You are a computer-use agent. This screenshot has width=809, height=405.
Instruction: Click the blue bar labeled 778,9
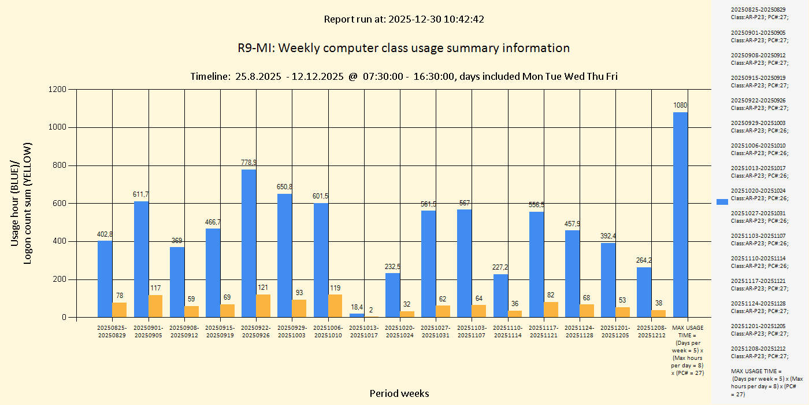tap(248, 243)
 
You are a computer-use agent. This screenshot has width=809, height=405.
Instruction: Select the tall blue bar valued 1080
tap(680, 215)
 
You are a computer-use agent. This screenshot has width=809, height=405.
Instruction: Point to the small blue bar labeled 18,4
tap(357, 315)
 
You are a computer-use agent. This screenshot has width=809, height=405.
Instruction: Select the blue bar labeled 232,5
tap(392, 295)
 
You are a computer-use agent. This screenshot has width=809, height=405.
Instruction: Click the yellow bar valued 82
tap(551, 310)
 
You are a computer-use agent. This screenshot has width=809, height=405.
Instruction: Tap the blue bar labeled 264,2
tap(644, 292)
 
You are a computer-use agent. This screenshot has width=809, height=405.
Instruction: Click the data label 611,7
tap(141, 194)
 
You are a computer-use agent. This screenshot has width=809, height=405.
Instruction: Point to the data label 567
tap(465, 203)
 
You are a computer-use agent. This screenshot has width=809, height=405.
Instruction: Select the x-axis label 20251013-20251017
tap(363, 331)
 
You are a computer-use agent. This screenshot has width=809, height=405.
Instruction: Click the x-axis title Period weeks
tap(399, 393)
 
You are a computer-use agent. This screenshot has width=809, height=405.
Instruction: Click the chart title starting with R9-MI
tap(403, 47)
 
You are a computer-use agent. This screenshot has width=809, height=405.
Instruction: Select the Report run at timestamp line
tap(403, 19)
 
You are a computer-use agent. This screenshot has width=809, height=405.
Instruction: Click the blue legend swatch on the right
tap(722, 201)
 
